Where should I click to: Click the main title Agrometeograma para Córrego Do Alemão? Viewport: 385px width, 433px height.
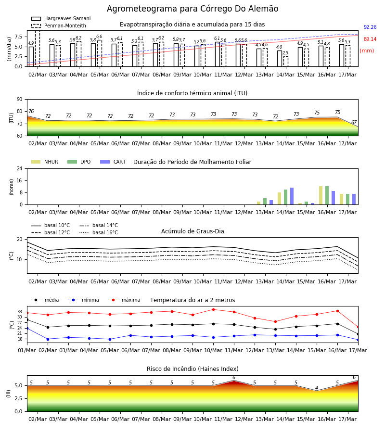[x=192, y=9]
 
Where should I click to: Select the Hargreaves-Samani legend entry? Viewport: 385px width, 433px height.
[x=61, y=18]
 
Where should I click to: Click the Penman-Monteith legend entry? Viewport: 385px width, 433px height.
[x=59, y=25]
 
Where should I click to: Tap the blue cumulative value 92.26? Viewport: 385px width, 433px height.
[x=370, y=27]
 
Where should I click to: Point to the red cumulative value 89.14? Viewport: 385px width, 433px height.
[x=370, y=39]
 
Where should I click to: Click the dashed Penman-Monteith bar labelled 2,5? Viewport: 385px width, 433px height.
[x=286, y=62]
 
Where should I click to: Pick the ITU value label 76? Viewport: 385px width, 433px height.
[x=31, y=111]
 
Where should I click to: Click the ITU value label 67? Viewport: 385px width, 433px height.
[x=354, y=122]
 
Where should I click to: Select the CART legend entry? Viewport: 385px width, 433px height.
[x=113, y=162]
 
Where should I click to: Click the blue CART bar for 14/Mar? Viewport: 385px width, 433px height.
[x=292, y=196]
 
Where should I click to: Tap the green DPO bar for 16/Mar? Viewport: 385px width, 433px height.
[x=327, y=195]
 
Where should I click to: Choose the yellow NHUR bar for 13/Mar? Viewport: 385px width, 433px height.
[x=259, y=203]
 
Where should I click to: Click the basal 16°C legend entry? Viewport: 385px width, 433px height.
[x=99, y=232]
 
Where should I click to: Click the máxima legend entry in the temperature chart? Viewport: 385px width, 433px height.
[x=124, y=300]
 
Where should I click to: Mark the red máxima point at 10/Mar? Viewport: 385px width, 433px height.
[x=213, y=309]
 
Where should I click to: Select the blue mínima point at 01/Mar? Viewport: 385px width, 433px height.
[x=27, y=328]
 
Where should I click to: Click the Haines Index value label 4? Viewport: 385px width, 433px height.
[x=317, y=388]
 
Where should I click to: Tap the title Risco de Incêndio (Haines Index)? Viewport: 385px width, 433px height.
[x=192, y=369]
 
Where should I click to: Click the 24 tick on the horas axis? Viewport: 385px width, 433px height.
[x=20, y=168]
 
